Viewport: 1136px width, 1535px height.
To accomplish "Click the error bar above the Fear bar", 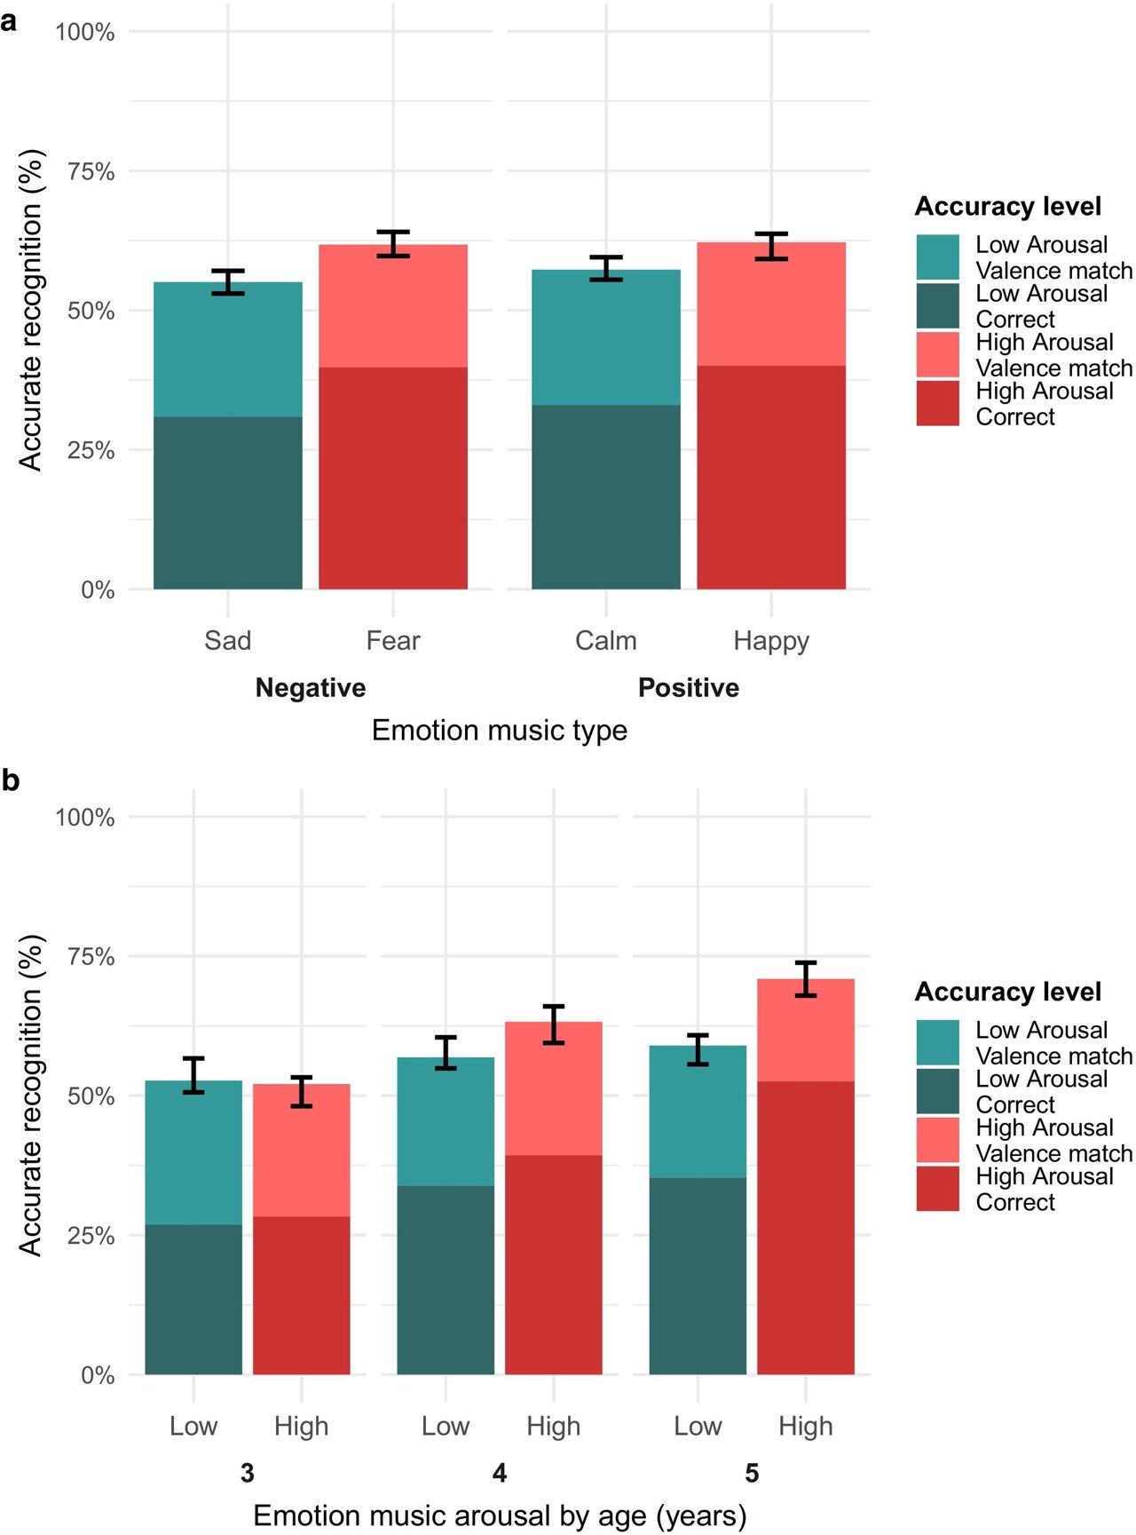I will (x=392, y=244).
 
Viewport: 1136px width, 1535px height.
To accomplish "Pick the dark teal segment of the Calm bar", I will (x=605, y=497).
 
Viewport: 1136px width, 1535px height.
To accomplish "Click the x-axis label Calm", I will (x=605, y=640).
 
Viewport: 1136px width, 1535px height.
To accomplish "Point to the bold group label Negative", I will (x=310, y=688).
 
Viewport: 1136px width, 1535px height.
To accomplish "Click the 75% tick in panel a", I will (x=91, y=171).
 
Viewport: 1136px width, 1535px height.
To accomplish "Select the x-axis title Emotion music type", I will (x=499, y=730).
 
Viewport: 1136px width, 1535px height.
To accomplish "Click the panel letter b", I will (x=11, y=781).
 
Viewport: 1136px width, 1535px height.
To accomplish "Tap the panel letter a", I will (x=10, y=21).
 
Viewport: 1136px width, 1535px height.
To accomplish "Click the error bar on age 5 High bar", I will (x=805, y=978).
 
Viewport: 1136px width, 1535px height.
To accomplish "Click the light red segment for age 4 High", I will (x=553, y=1088).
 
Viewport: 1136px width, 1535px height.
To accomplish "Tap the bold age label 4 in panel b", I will (x=500, y=1473).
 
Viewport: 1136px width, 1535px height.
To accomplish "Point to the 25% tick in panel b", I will (x=91, y=1236).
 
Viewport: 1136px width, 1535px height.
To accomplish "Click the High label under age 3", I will (x=301, y=1426).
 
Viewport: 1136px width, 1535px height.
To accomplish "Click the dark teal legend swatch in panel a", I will (x=937, y=305).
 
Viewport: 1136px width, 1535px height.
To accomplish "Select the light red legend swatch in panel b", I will (x=937, y=1139).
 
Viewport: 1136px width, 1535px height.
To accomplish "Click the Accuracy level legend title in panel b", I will (x=1007, y=992).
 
